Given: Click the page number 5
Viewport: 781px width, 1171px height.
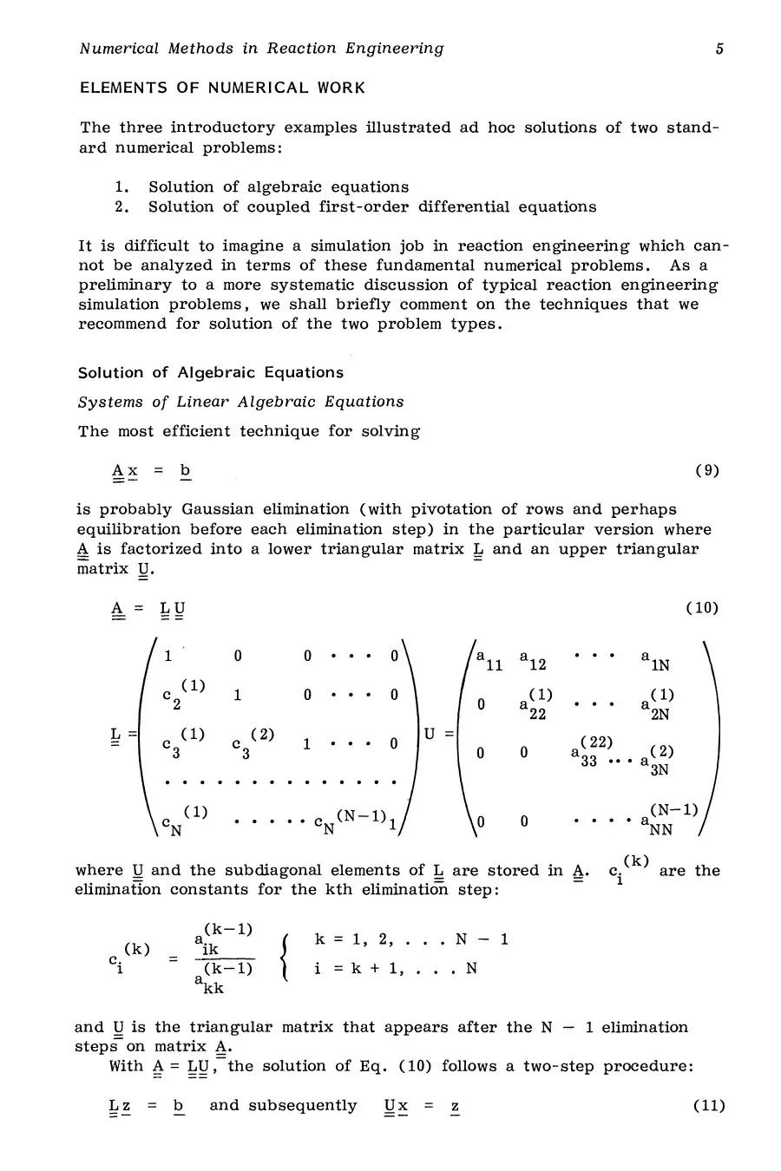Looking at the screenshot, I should (x=719, y=49).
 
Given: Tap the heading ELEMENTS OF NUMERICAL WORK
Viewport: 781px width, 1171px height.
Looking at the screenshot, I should (x=222, y=88).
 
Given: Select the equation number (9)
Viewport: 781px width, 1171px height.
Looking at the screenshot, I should (x=707, y=471).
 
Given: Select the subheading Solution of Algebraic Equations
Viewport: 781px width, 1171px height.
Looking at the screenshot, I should (x=211, y=373).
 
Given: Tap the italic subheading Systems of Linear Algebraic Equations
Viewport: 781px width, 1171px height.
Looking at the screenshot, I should (x=241, y=402).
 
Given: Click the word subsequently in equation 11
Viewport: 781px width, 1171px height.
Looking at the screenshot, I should (x=283, y=1106).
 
